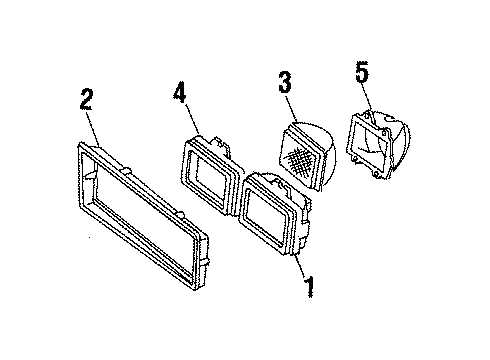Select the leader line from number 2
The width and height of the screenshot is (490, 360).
coord(93,127)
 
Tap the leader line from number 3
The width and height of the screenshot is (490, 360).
coord(290,108)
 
